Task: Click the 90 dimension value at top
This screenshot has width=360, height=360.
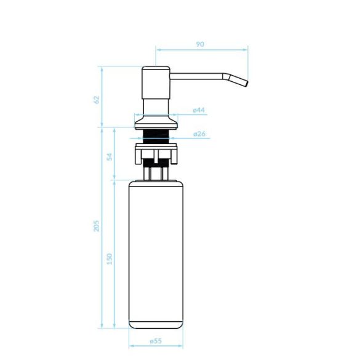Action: (200, 44)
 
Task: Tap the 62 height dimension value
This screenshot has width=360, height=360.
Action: (96, 99)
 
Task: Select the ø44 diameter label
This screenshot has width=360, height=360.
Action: (198, 110)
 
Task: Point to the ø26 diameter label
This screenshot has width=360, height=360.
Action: (198, 134)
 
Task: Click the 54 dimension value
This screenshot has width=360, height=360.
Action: (110, 156)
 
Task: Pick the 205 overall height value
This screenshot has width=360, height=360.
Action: (96, 226)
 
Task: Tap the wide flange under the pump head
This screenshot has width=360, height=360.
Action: (155, 125)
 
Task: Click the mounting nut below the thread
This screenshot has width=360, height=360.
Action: (155, 153)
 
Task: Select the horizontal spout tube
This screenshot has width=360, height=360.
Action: (197, 76)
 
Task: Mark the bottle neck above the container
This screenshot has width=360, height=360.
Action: (155, 173)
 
